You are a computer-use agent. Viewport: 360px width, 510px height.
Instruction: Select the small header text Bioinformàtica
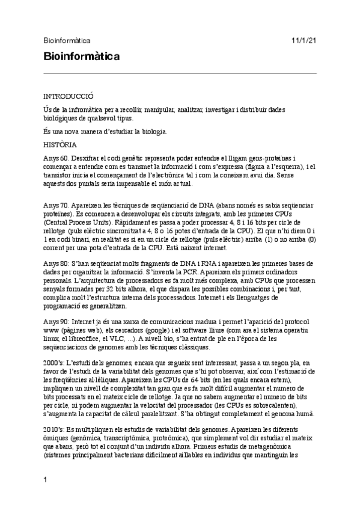67,41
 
